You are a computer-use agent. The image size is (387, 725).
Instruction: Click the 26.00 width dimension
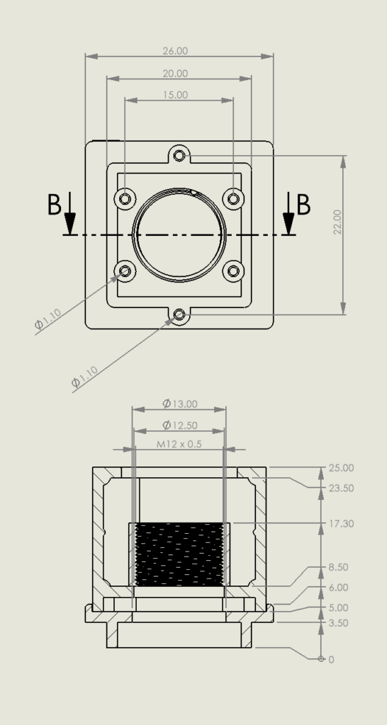pos(175,51)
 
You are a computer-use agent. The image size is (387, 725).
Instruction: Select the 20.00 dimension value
pos(175,73)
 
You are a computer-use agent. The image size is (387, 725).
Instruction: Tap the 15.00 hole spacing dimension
pos(175,94)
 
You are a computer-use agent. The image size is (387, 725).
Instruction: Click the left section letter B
pos(54,205)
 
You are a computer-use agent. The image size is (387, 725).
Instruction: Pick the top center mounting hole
pos(179,154)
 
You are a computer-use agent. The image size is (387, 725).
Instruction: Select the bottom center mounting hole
pos(179,314)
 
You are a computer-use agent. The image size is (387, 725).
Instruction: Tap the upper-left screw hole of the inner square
pos(126,198)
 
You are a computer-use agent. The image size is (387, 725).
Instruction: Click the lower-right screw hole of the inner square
pos(233,270)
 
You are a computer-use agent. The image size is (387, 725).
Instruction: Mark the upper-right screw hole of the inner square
pos(233,198)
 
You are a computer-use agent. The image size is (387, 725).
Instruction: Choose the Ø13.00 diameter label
pos(179,404)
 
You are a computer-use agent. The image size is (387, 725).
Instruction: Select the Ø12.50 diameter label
pos(179,425)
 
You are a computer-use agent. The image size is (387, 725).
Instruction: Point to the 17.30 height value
pos(341,524)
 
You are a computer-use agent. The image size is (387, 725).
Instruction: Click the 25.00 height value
pos(341,468)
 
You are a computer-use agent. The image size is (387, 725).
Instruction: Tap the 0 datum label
pos(331,659)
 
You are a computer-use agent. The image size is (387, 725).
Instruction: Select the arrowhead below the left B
pos(69,225)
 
